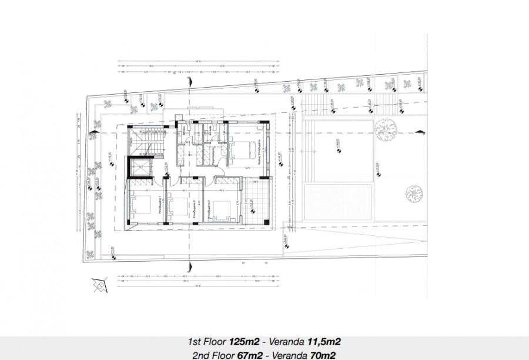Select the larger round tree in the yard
coord(386,127)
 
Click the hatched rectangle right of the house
coord(339,202)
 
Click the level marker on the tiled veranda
coord(252,204)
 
